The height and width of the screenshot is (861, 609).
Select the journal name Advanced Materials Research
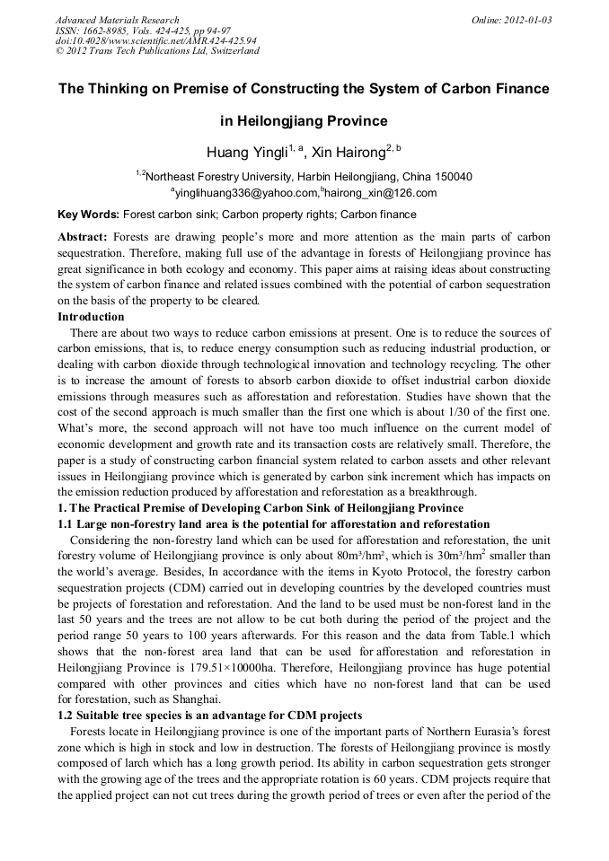(117, 19)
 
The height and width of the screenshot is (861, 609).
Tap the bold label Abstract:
(83, 237)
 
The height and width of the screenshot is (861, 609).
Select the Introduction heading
(91, 317)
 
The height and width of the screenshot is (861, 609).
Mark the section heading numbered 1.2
(209, 715)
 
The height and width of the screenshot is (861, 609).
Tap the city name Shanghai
(196, 698)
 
